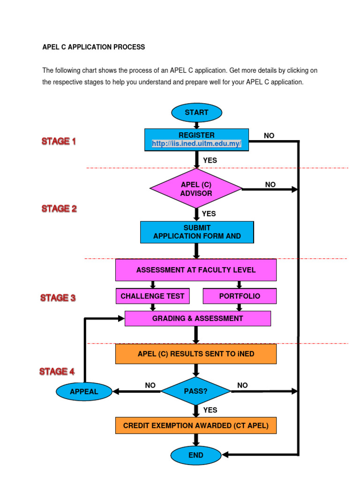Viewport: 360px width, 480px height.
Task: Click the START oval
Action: pyautogui.click(x=196, y=112)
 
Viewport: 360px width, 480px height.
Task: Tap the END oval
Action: pyautogui.click(x=196, y=455)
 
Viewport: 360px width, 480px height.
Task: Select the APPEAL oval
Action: pyautogui.click(x=84, y=391)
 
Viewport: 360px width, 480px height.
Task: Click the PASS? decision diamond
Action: pyautogui.click(x=196, y=391)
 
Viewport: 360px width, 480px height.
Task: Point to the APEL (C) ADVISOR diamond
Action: pyautogui.click(x=196, y=189)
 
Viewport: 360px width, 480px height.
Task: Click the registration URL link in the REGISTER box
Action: pyautogui.click(x=196, y=144)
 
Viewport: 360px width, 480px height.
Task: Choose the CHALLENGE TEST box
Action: pyautogui.click(x=152, y=296)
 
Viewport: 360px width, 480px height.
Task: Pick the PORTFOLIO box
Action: pyautogui.click(x=240, y=296)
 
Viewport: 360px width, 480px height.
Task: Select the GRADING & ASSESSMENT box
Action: pyautogui.click(x=197, y=319)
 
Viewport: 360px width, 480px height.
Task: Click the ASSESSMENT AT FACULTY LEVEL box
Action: pyautogui.click(x=196, y=270)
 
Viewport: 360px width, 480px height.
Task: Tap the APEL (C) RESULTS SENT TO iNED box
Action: pyautogui.click(x=196, y=354)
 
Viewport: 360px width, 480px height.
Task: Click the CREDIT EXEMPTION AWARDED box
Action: pyautogui.click(x=196, y=426)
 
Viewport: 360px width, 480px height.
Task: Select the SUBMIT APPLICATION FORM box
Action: pyautogui.click(x=197, y=232)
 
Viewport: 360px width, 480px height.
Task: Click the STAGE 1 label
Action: pyautogui.click(x=59, y=141)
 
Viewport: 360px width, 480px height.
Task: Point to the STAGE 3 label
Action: pyautogui.click(x=58, y=298)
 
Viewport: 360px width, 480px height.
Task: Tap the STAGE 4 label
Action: pyautogui.click(x=57, y=372)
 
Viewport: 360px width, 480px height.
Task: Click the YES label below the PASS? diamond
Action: pyautogui.click(x=210, y=410)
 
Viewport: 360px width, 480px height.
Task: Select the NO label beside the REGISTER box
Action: pyautogui.click(x=269, y=136)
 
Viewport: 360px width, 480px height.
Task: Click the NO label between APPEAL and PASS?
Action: pyautogui.click(x=150, y=385)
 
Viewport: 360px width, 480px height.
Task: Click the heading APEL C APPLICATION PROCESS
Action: pyautogui.click(x=94, y=47)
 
